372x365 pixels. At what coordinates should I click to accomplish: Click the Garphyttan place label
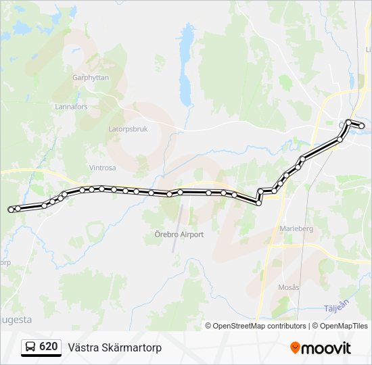[x=90, y=78]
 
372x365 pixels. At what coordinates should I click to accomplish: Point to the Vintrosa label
[x=102, y=167]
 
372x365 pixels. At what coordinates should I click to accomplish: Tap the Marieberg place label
[x=296, y=228]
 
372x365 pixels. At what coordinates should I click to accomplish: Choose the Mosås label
[x=289, y=287]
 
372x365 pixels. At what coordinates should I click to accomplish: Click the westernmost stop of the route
[x=11, y=210]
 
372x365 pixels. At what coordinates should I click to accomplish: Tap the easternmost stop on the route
[x=363, y=126]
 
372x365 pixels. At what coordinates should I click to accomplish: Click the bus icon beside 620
[x=30, y=347]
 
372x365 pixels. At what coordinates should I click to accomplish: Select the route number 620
[x=49, y=347]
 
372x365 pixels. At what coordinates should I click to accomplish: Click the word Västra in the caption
[x=83, y=347]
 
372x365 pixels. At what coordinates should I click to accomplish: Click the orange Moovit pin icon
[x=295, y=348]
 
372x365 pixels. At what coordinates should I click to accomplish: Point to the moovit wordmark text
[x=326, y=348]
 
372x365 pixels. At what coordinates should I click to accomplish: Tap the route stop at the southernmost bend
[x=258, y=203]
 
